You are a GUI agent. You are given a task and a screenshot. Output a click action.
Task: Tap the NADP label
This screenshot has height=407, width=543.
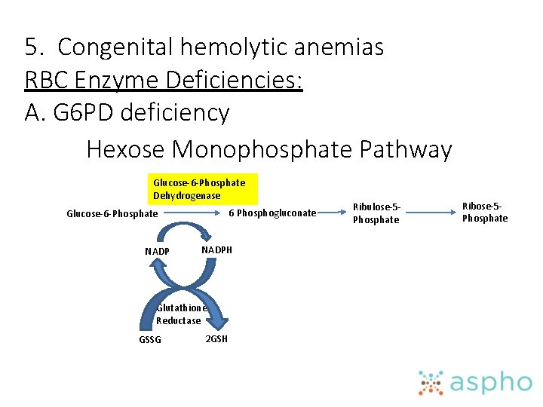click(157, 251)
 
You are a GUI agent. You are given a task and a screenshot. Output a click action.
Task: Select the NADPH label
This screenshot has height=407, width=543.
click(216, 249)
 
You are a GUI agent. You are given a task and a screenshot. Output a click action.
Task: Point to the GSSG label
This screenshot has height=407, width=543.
click(150, 339)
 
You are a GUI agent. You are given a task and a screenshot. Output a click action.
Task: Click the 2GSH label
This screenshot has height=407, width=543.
click(216, 338)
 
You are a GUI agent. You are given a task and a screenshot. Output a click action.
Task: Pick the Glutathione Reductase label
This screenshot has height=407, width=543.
click(179, 314)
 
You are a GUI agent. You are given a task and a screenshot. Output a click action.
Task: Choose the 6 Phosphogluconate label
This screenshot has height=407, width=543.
click(272, 213)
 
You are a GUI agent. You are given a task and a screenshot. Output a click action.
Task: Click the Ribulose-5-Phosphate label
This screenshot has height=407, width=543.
click(376, 213)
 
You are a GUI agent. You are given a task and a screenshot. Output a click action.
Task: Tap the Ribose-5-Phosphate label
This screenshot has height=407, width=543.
click(485, 212)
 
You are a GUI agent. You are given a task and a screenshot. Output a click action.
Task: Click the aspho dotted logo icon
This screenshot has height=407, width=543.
click(432, 383)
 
